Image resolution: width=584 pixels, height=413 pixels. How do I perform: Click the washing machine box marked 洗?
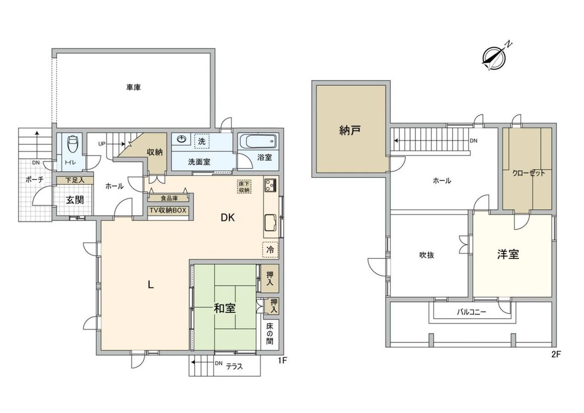[x=201, y=141]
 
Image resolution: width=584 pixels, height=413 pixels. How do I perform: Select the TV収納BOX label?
[x=168, y=210]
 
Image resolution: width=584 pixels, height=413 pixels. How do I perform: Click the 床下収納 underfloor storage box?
[x=244, y=186]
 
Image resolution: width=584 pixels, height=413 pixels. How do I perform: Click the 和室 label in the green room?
[x=224, y=308]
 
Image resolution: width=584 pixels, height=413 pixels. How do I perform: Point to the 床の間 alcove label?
[x=270, y=334]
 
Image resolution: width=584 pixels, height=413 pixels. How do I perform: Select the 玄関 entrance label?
[x=75, y=200]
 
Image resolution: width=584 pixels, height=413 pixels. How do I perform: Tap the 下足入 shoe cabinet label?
[x=75, y=180]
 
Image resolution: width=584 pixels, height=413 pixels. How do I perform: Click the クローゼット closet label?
[x=528, y=174]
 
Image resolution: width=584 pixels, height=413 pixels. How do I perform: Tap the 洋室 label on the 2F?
[x=508, y=254]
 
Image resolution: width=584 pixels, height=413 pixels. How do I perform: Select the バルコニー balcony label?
[x=472, y=312]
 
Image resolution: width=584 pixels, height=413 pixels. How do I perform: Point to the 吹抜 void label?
[x=427, y=255]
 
